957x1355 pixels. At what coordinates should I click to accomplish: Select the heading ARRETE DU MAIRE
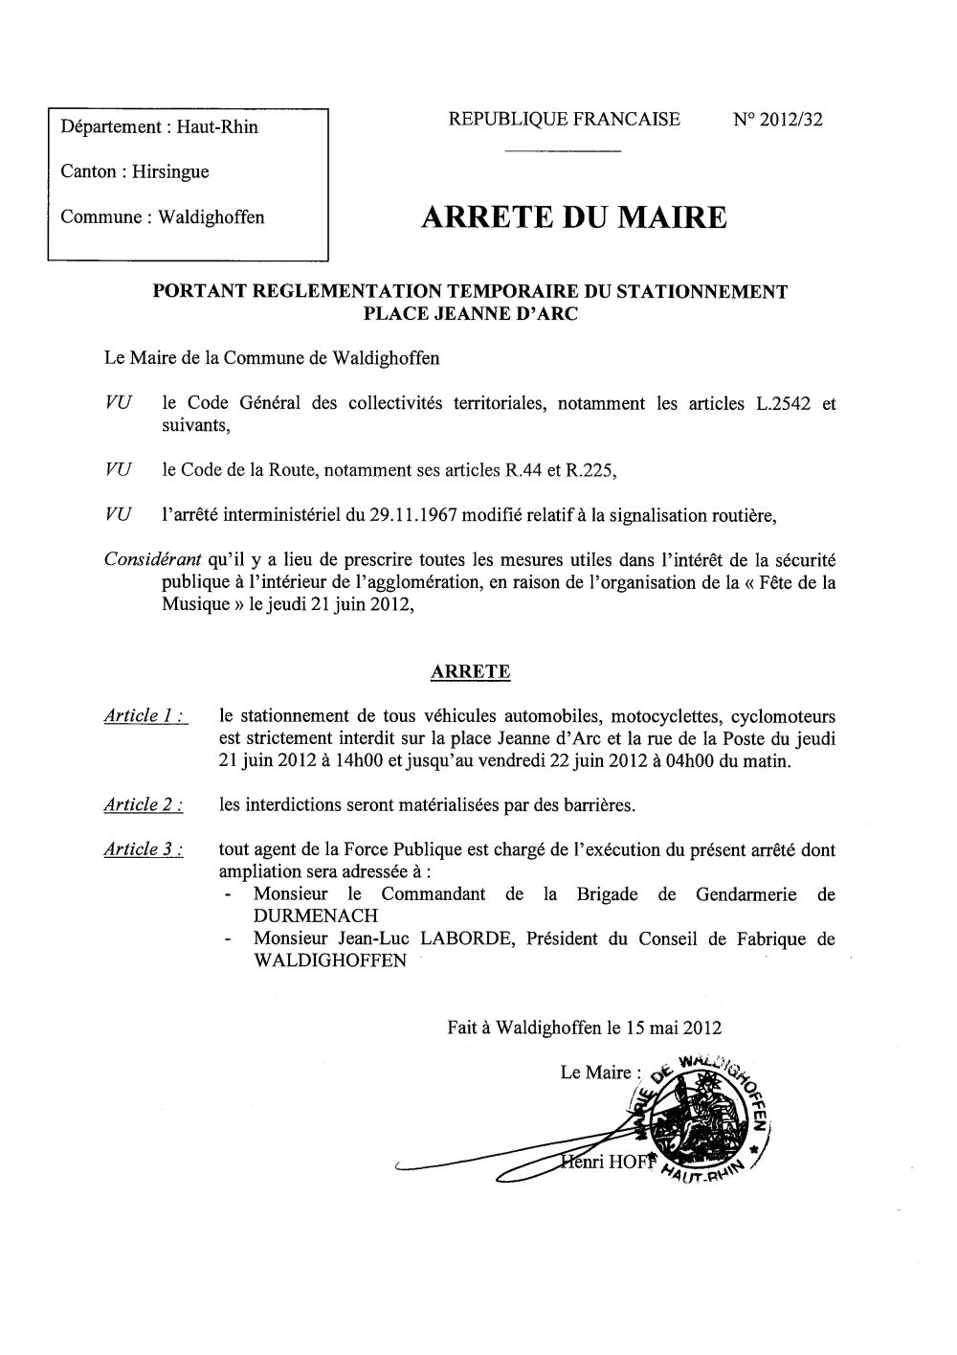point(573,217)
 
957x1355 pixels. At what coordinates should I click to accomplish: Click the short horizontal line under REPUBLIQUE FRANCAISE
point(563,152)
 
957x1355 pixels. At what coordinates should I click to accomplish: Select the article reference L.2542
point(777,403)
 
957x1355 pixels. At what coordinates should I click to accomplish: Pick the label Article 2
point(145,805)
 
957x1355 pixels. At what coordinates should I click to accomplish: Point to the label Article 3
point(145,850)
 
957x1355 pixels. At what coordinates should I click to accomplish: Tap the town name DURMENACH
point(314,915)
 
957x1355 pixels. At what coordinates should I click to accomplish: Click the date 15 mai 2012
point(674,1028)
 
